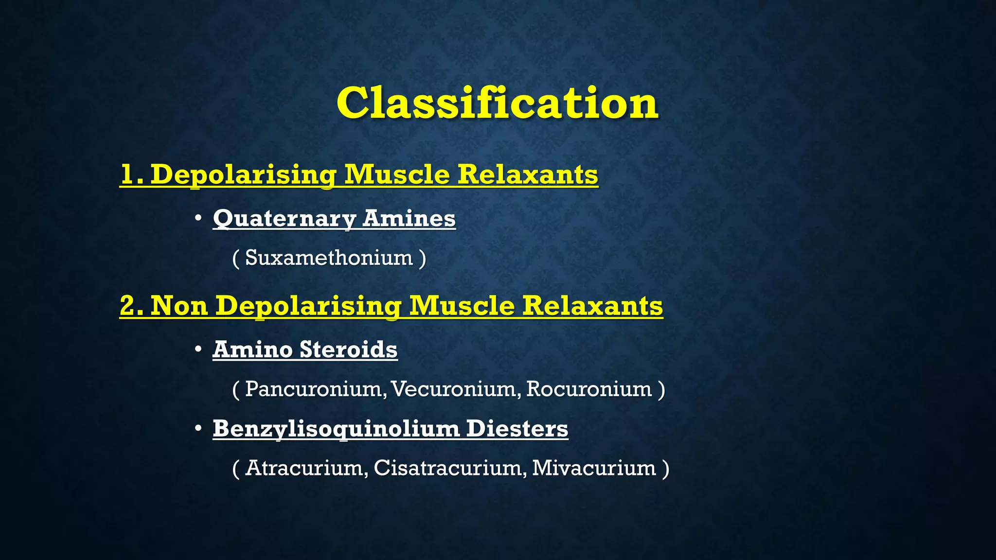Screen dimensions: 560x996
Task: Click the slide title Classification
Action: pos(497,103)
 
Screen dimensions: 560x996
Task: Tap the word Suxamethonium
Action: pos(329,258)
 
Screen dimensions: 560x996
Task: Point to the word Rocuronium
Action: pos(589,389)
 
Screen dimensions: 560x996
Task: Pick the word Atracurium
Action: pos(306,468)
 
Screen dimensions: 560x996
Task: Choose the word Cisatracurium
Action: pos(450,468)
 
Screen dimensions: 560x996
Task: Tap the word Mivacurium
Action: pos(594,468)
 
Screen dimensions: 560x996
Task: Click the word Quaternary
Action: pos(284,219)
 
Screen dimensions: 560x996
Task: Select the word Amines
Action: pos(409,218)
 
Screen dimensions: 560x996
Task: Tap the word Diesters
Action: pos(517,429)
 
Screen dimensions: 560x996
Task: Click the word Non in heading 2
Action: pos(179,306)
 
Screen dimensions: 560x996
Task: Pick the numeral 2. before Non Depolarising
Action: pos(131,306)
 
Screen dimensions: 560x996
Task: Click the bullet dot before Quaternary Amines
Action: pos(198,218)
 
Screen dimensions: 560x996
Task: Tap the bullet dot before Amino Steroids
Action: pos(198,350)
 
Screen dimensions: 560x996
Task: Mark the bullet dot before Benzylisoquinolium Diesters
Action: pos(198,429)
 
